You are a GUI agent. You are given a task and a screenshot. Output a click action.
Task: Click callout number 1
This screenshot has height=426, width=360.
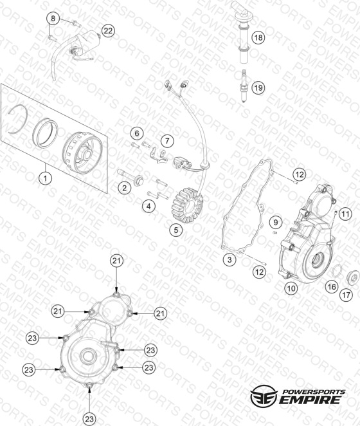46,178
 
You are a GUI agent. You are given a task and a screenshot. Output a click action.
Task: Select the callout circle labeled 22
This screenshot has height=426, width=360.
108,31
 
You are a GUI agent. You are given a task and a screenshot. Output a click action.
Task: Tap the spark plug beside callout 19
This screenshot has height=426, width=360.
245,86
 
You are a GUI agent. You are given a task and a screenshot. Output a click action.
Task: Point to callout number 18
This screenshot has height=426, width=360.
258,37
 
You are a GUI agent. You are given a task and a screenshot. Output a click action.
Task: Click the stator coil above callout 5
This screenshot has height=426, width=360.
187,202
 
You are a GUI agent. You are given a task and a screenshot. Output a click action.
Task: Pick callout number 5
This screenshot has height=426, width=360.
176,230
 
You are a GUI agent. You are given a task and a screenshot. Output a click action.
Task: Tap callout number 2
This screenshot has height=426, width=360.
124,187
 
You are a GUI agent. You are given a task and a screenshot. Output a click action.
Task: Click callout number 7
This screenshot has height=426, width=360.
167,141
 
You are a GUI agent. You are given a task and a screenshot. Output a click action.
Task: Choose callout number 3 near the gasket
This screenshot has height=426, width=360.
230,259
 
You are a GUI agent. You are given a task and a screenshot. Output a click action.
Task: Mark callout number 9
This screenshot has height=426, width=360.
276,223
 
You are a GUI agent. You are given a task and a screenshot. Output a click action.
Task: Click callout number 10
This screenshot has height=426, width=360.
291,288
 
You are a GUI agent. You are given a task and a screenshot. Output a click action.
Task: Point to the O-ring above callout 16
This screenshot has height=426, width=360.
337,271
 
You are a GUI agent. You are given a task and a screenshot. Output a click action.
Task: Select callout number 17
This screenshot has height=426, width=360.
346,295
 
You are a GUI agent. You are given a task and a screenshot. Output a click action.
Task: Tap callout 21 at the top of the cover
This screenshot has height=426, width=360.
116,261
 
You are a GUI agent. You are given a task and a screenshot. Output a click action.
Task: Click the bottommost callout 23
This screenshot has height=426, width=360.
89,419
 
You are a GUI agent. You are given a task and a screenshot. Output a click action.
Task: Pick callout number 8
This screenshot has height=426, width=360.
53,18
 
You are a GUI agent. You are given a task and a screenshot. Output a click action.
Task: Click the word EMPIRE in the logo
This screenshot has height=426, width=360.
310,400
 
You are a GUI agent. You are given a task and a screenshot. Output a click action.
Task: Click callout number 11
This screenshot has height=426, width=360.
345,214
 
